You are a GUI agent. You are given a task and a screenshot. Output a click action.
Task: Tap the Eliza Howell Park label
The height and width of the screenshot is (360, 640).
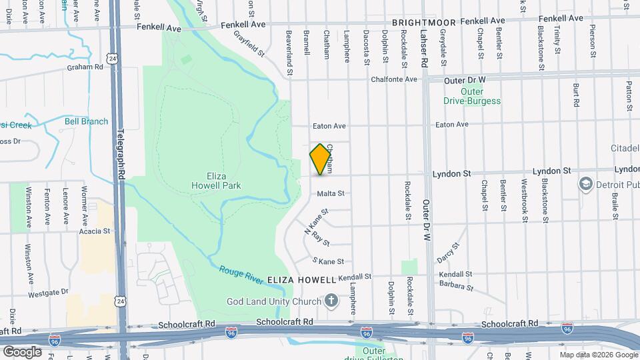point(215,180)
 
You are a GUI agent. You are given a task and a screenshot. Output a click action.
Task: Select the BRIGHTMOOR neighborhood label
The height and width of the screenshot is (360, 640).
point(423,23)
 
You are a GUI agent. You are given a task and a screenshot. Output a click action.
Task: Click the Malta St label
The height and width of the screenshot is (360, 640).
point(331,194)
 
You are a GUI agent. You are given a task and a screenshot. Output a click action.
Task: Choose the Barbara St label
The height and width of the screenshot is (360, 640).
point(456,287)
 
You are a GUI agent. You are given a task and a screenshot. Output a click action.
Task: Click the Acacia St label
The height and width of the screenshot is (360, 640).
point(93,231)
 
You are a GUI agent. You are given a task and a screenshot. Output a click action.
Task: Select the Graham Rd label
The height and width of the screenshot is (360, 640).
point(85,67)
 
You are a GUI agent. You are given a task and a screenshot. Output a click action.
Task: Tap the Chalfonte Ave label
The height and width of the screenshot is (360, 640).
point(395,79)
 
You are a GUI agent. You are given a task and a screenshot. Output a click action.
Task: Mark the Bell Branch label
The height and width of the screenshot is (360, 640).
point(86,121)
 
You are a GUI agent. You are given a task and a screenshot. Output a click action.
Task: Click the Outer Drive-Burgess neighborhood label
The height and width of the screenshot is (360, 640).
point(472,96)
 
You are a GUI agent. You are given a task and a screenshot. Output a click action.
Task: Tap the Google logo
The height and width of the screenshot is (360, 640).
point(22,351)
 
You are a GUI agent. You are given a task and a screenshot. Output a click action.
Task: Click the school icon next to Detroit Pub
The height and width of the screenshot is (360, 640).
point(585,183)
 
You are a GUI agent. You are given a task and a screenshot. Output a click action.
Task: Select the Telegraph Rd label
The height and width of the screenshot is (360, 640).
point(121,153)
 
